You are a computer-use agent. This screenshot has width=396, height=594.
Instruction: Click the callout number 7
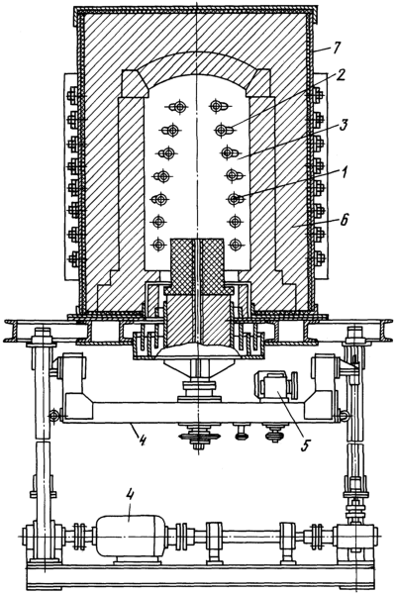click(336, 49)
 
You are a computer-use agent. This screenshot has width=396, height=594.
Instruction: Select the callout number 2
click(339, 76)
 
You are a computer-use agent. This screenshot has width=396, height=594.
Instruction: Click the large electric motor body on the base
click(129, 535)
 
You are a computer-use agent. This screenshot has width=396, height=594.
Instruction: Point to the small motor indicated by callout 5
click(275, 385)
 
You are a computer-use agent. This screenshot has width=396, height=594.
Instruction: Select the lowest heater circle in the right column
click(235, 245)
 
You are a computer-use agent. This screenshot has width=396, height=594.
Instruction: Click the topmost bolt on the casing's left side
click(72, 96)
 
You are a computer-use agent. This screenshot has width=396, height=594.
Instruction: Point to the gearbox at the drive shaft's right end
click(354, 538)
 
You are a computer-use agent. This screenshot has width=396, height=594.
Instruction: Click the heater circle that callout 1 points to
click(235, 198)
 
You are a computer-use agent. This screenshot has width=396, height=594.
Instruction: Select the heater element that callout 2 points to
click(225, 131)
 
